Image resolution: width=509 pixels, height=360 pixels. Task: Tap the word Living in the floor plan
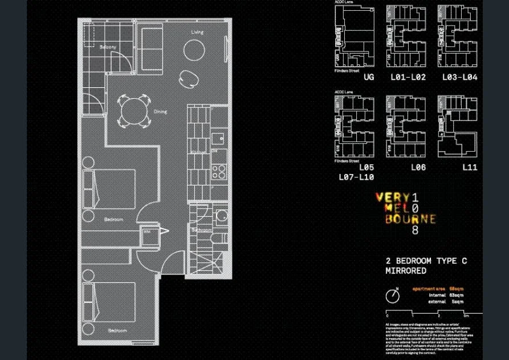(197, 33)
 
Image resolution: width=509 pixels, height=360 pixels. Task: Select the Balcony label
(108, 47)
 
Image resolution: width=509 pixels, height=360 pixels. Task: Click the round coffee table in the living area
(194, 51)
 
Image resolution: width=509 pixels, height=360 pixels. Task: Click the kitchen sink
(218, 138)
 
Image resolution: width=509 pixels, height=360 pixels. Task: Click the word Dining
(160, 112)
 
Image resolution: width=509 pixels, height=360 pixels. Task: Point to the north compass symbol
(392, 296)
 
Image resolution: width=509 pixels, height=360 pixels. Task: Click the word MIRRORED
(406, 271)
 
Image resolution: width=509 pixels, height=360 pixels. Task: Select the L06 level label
(418, 168)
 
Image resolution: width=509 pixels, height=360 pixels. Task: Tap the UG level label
(369, 77)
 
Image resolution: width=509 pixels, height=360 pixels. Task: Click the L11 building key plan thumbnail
(457, 126)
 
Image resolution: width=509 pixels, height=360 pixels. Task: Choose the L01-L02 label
(408, 77)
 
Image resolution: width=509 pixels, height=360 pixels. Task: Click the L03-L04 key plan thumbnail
(457, 36)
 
